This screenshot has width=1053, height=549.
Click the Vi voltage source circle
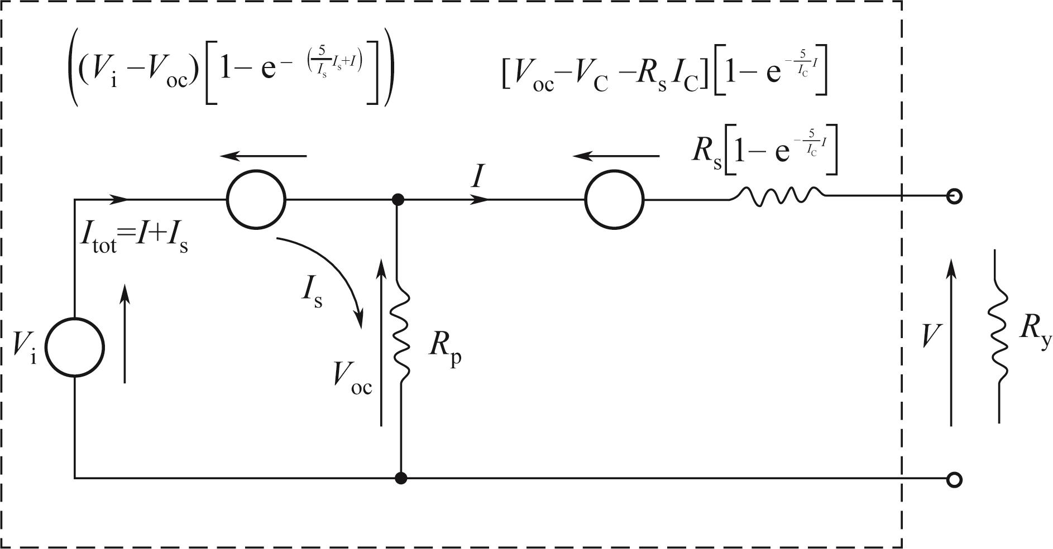[74, 347]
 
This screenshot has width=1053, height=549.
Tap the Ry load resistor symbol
[999, 335]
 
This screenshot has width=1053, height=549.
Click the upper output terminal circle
[955, 196]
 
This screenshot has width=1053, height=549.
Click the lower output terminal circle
[955, 479]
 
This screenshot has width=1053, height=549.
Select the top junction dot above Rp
[398, 199]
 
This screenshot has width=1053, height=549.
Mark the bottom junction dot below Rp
[400, 478]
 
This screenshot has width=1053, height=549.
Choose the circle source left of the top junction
[256, 199]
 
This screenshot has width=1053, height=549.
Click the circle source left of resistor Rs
[614, 199]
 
